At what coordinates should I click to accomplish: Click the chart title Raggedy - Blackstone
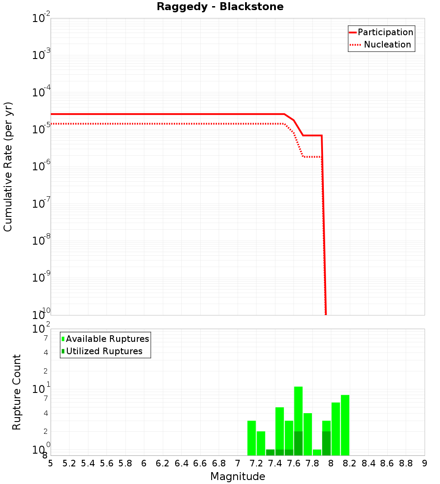point(220,7)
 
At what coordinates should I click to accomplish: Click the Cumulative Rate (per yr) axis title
point(8,167)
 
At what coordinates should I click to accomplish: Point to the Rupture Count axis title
point(17,392)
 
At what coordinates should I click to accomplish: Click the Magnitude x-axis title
point(238,477)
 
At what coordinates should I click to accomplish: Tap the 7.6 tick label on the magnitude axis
point(293,463)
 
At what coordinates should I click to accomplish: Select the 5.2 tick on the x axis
point(69,463)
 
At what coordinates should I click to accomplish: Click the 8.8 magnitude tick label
point(406,463)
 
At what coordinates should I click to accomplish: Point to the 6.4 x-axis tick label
point(181,463)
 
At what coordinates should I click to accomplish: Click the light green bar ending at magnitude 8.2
point(345,425)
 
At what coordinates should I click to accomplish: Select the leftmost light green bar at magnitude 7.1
point(251,438)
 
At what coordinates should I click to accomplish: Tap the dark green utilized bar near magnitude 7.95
point(326,444)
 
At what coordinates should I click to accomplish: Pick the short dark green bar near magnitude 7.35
point(270,452)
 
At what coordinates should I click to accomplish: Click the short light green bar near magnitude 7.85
point(317,452)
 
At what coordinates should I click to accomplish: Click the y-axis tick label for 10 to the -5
point(41,130)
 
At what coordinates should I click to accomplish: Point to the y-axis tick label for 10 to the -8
point(41,241)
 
